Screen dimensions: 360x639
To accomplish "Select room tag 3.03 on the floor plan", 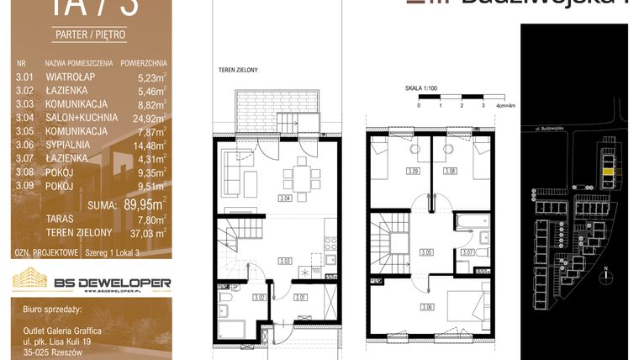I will [x=286, y=262].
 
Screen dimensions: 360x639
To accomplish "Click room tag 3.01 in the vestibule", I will [x=300, y=295].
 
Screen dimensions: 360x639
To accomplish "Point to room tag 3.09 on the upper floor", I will [x=412, y=172].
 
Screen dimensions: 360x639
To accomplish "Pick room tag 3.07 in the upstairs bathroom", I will [x=468, y=251].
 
